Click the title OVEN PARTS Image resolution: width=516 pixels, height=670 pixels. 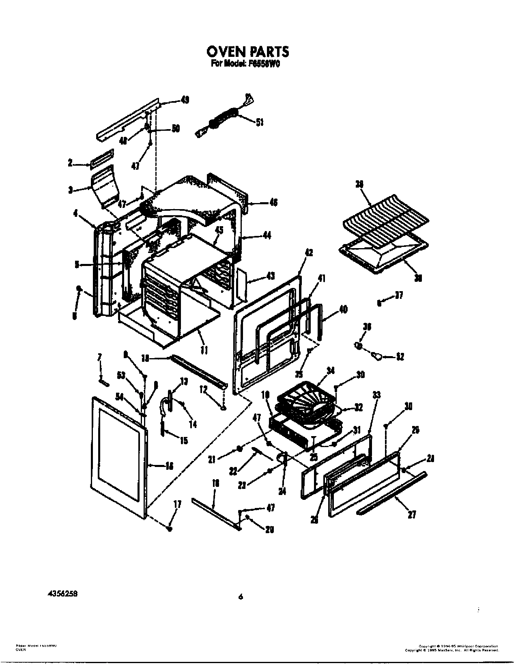click(247, 52)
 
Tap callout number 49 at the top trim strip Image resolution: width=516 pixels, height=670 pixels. click(185, 100)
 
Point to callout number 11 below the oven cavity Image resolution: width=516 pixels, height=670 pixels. click(204, 349)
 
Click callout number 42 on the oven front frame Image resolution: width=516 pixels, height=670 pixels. click(309, 253)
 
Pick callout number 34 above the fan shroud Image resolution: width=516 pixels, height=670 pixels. click(331, 370)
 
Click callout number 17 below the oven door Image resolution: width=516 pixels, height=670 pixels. click(177, 505)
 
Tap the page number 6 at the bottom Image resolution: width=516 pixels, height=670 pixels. click(241, 596)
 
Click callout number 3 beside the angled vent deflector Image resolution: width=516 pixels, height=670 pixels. click(71, 189)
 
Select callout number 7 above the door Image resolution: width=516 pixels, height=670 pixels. click(99, 357)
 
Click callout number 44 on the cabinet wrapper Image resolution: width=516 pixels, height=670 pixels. click(267, 236)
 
